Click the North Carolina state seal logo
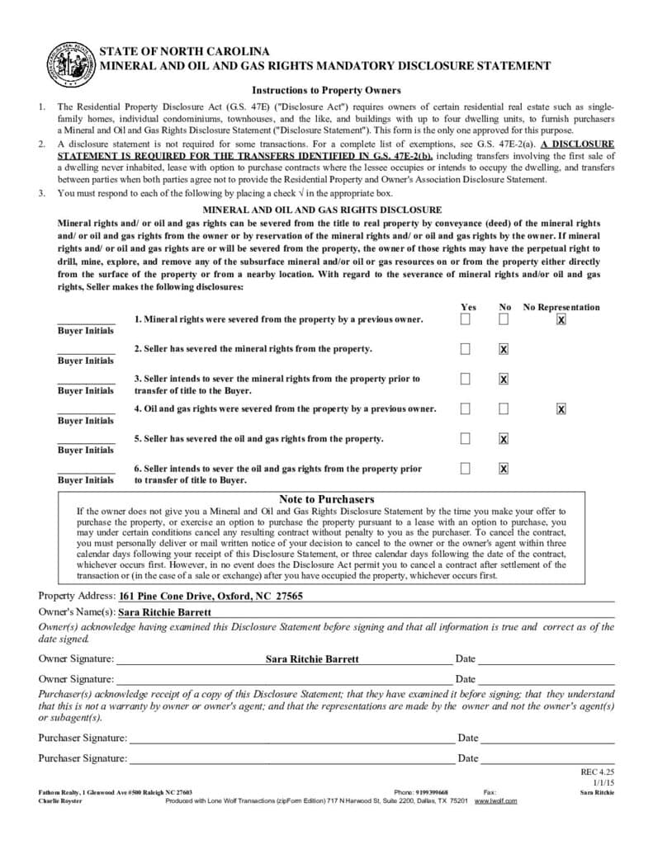click(70, 64)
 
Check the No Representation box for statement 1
click(561, 319)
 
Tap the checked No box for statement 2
click(504, 349)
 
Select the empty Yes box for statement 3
click(466, 379)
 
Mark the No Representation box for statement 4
click(561, 408)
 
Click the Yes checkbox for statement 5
click(466, 438)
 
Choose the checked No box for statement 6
click(504, 468)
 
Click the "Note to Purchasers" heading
click(326, 499)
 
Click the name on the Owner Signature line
click(313, 659)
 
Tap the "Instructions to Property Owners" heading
click(326, 90)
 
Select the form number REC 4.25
click(598, 772)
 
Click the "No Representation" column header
click(561, 307)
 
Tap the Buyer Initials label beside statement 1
click(86, 331)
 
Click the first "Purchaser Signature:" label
click(83, 738)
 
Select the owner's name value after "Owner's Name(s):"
click(165, 612)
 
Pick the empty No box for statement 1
click(504, 319)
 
